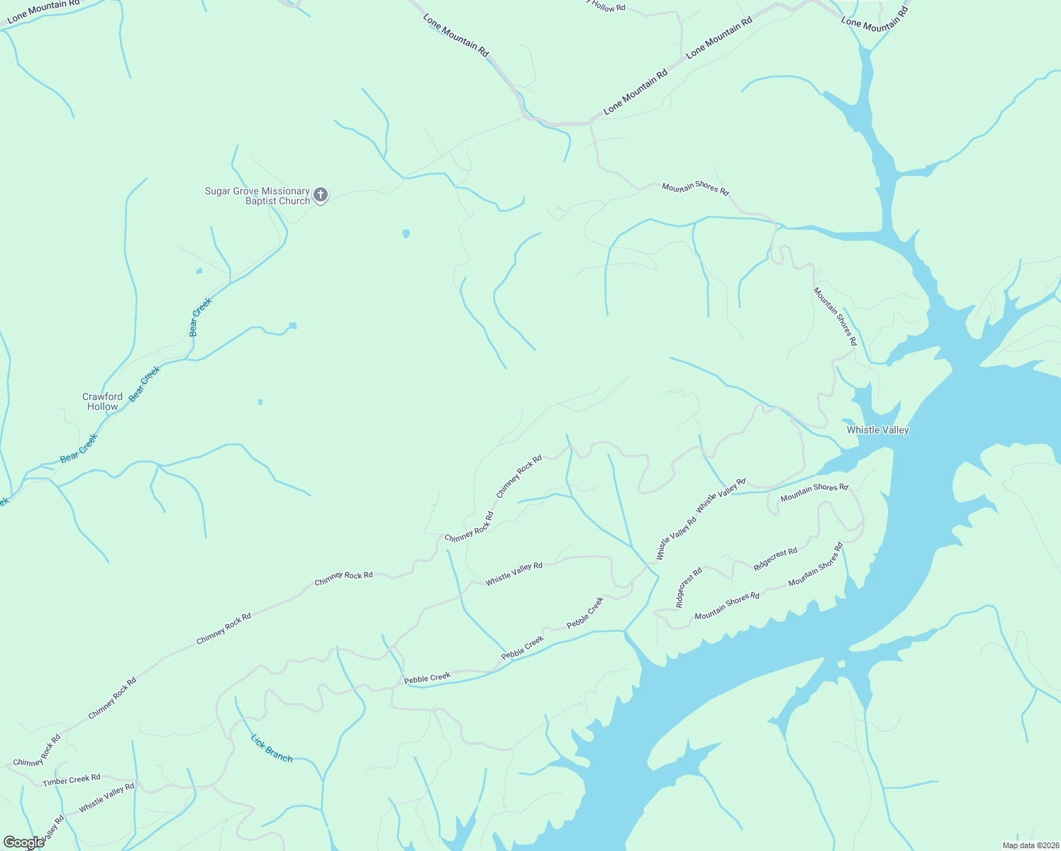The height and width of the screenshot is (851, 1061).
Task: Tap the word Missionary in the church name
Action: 286,191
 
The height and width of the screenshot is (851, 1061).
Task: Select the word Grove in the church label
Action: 246,191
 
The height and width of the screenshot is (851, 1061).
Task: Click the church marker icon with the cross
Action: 321,195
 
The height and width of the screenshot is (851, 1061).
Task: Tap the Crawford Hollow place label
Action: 103,402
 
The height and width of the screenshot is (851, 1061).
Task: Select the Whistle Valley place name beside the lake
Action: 877,430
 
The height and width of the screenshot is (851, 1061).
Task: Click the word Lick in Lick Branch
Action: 259,742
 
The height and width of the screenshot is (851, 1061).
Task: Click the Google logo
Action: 23,842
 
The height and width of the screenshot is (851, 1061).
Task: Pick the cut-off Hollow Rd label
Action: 609,7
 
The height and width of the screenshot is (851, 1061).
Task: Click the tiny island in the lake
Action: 840,664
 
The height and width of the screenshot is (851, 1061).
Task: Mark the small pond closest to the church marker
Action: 406,233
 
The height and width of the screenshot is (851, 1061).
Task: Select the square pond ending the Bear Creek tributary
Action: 292,326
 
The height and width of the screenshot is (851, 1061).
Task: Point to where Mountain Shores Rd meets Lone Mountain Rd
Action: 590,124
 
